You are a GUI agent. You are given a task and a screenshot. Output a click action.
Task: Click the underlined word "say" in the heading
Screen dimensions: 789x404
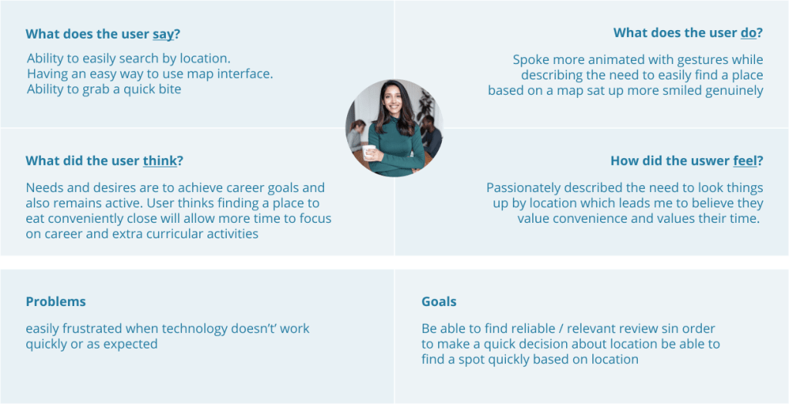163,34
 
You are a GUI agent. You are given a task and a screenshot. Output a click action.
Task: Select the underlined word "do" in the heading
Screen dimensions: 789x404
748,33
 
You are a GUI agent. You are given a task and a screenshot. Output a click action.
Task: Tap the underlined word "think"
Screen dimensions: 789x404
160,161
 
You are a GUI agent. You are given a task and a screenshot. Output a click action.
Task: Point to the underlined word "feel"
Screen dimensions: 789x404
744,161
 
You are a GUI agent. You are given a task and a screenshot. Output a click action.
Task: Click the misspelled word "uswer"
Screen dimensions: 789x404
710,161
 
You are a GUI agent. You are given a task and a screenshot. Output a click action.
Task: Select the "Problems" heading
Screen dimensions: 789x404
56,302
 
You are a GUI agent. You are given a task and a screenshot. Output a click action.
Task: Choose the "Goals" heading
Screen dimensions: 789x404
439,302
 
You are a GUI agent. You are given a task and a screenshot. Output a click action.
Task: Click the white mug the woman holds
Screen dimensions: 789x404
368,151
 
